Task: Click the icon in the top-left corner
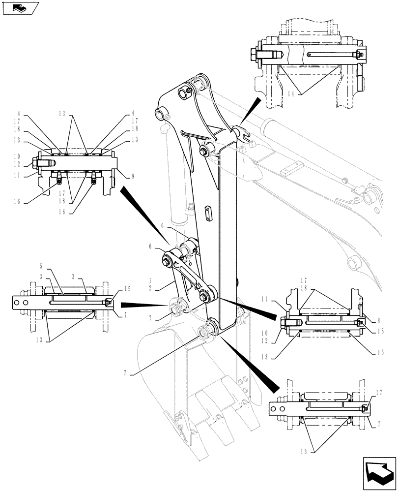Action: pos(20,8)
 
